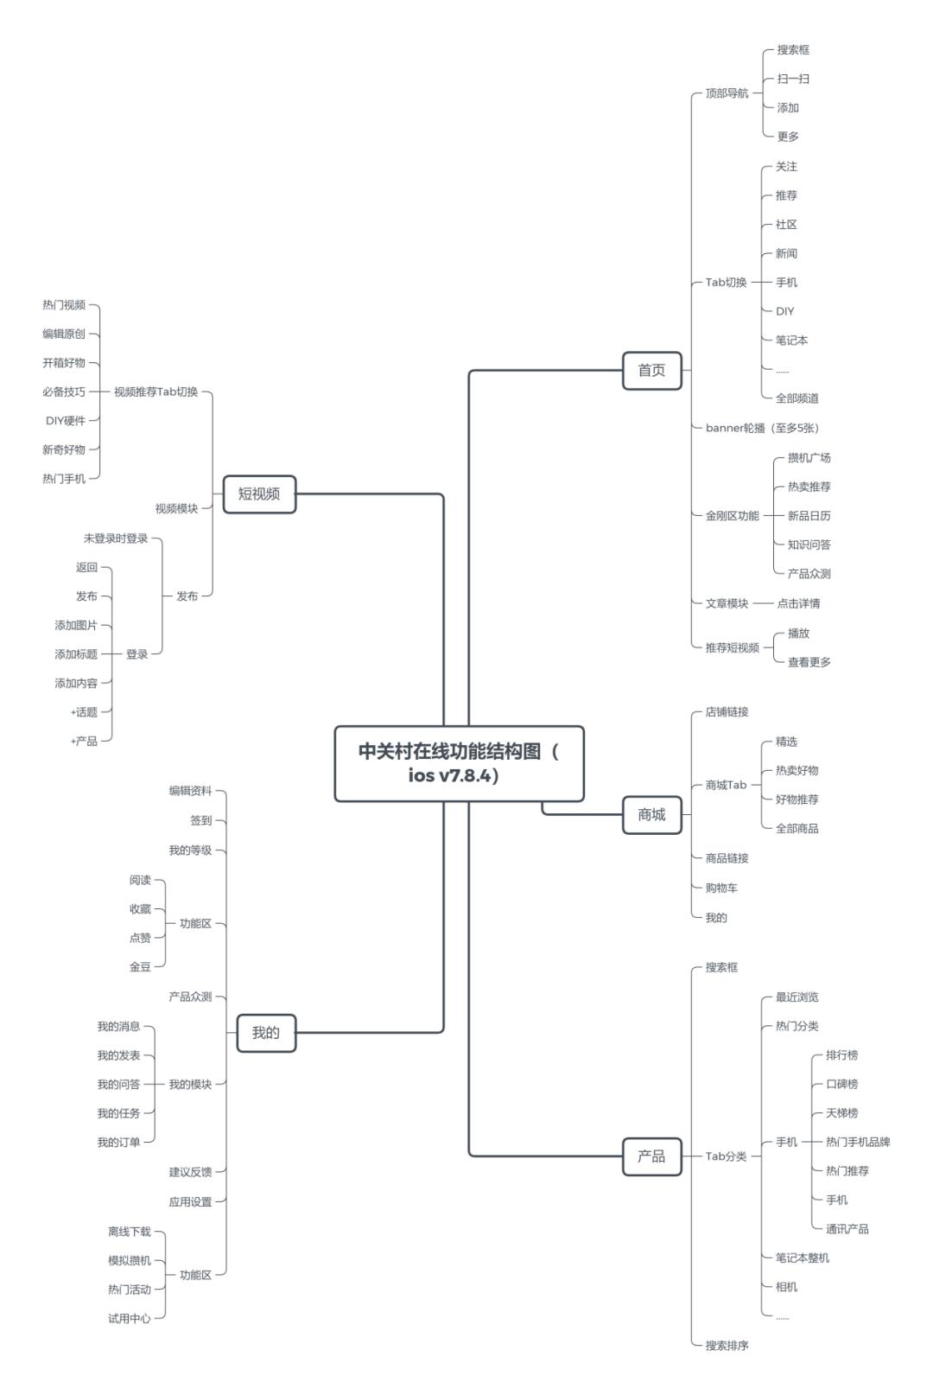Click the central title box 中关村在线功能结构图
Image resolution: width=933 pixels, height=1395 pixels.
point(459,763)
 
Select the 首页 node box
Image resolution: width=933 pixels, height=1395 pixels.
point(651,371)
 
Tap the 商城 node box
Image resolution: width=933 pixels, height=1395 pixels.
point(651,815)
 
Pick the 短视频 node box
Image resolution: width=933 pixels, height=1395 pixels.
point(259,494)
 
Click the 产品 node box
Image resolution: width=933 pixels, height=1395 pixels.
point(651,1156)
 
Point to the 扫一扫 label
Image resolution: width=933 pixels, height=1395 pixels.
point(792,80)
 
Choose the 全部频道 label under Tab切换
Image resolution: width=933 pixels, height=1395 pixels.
point(797,398)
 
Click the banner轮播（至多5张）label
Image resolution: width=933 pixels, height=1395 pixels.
point(762,428)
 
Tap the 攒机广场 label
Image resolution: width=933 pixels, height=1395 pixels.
point(809,458)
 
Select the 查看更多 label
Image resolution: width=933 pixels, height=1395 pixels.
point(809,662)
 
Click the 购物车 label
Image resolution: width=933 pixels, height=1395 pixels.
point(721,888)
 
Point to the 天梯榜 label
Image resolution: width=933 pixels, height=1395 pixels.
point(841,1113)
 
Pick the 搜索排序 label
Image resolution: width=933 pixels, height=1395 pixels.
point(727,1346)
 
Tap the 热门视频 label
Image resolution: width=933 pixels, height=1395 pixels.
point(64,305)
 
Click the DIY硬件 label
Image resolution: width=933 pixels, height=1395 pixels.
point(66,421)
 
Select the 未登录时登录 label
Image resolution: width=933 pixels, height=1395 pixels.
point(116,538)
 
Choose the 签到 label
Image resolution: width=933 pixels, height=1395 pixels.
point(200,820)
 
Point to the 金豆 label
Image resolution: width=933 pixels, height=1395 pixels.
point(140,967)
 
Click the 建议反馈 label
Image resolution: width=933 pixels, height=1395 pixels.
point(190,1172)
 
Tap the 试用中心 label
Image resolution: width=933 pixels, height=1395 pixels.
point(130,1319)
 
